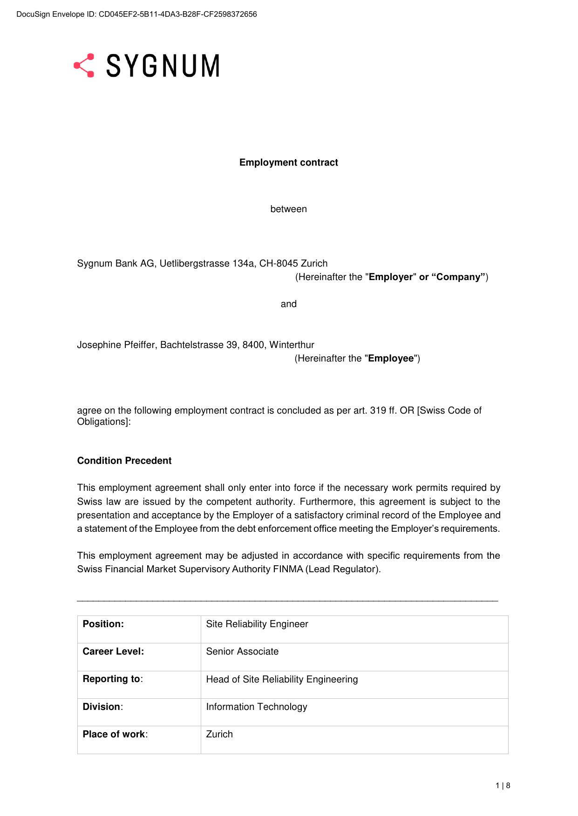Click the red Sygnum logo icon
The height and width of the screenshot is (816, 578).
coord(84,66)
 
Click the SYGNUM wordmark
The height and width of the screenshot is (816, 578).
coord(163,66)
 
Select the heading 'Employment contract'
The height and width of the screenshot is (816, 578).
coord(288,162)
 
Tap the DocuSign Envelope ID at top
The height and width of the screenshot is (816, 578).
coord(136,14)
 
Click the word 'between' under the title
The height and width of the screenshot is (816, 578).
coord(288,209)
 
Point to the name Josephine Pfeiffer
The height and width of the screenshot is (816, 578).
coord(117,345)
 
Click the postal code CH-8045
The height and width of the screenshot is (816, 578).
coord(279,263)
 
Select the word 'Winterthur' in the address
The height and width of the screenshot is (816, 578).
coord(292,345)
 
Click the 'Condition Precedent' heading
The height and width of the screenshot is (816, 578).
coord(124,461)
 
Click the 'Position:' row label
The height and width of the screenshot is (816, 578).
coord(103,624)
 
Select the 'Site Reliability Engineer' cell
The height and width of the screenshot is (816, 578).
coord(257,624)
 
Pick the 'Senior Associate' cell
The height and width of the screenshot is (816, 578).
coord(242,651)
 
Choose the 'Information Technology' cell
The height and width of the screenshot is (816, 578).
coord(257,707)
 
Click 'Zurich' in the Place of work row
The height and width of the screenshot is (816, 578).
coord(219,734)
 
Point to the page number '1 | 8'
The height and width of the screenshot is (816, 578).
coord(503,786)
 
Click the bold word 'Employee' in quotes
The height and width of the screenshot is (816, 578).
coord(391,358)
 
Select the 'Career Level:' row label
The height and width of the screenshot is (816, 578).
coord(113,651)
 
